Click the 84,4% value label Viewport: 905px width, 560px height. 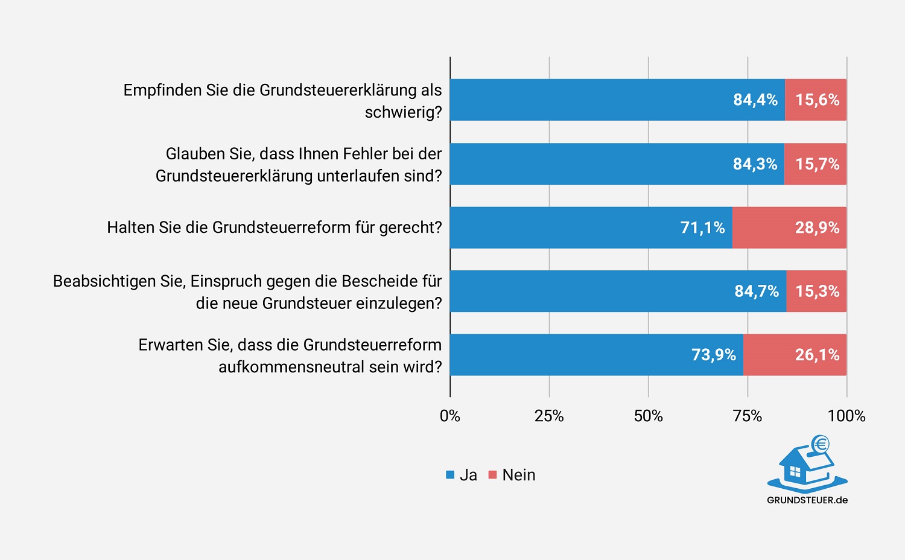(x=755, y=100)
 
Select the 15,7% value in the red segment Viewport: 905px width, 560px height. (x=817, y=164)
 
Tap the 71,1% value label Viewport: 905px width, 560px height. (x=702, y=227)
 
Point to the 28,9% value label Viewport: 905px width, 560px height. (x=817, y=227)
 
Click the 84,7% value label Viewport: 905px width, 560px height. (x=757, y=291)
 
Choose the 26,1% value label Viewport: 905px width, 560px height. (x=817, y=355)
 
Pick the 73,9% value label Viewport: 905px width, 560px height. (x=713, y=355)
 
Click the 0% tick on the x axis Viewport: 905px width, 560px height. (x=450, y=416)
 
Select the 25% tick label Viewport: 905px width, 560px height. (x=549, y=416)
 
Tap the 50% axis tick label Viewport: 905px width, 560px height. (x=648, y=416)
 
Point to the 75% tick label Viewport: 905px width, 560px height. (x=748, y=416)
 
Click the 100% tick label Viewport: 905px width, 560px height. (x=846, y=416)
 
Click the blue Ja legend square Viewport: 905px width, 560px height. (x=450, y=475)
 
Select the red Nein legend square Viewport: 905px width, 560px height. (x=492, y=475)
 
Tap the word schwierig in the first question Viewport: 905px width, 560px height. (x=401, y=113)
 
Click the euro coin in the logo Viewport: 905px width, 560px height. (x=820, y=445)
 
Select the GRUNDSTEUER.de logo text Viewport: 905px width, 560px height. (x=807, y=500)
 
